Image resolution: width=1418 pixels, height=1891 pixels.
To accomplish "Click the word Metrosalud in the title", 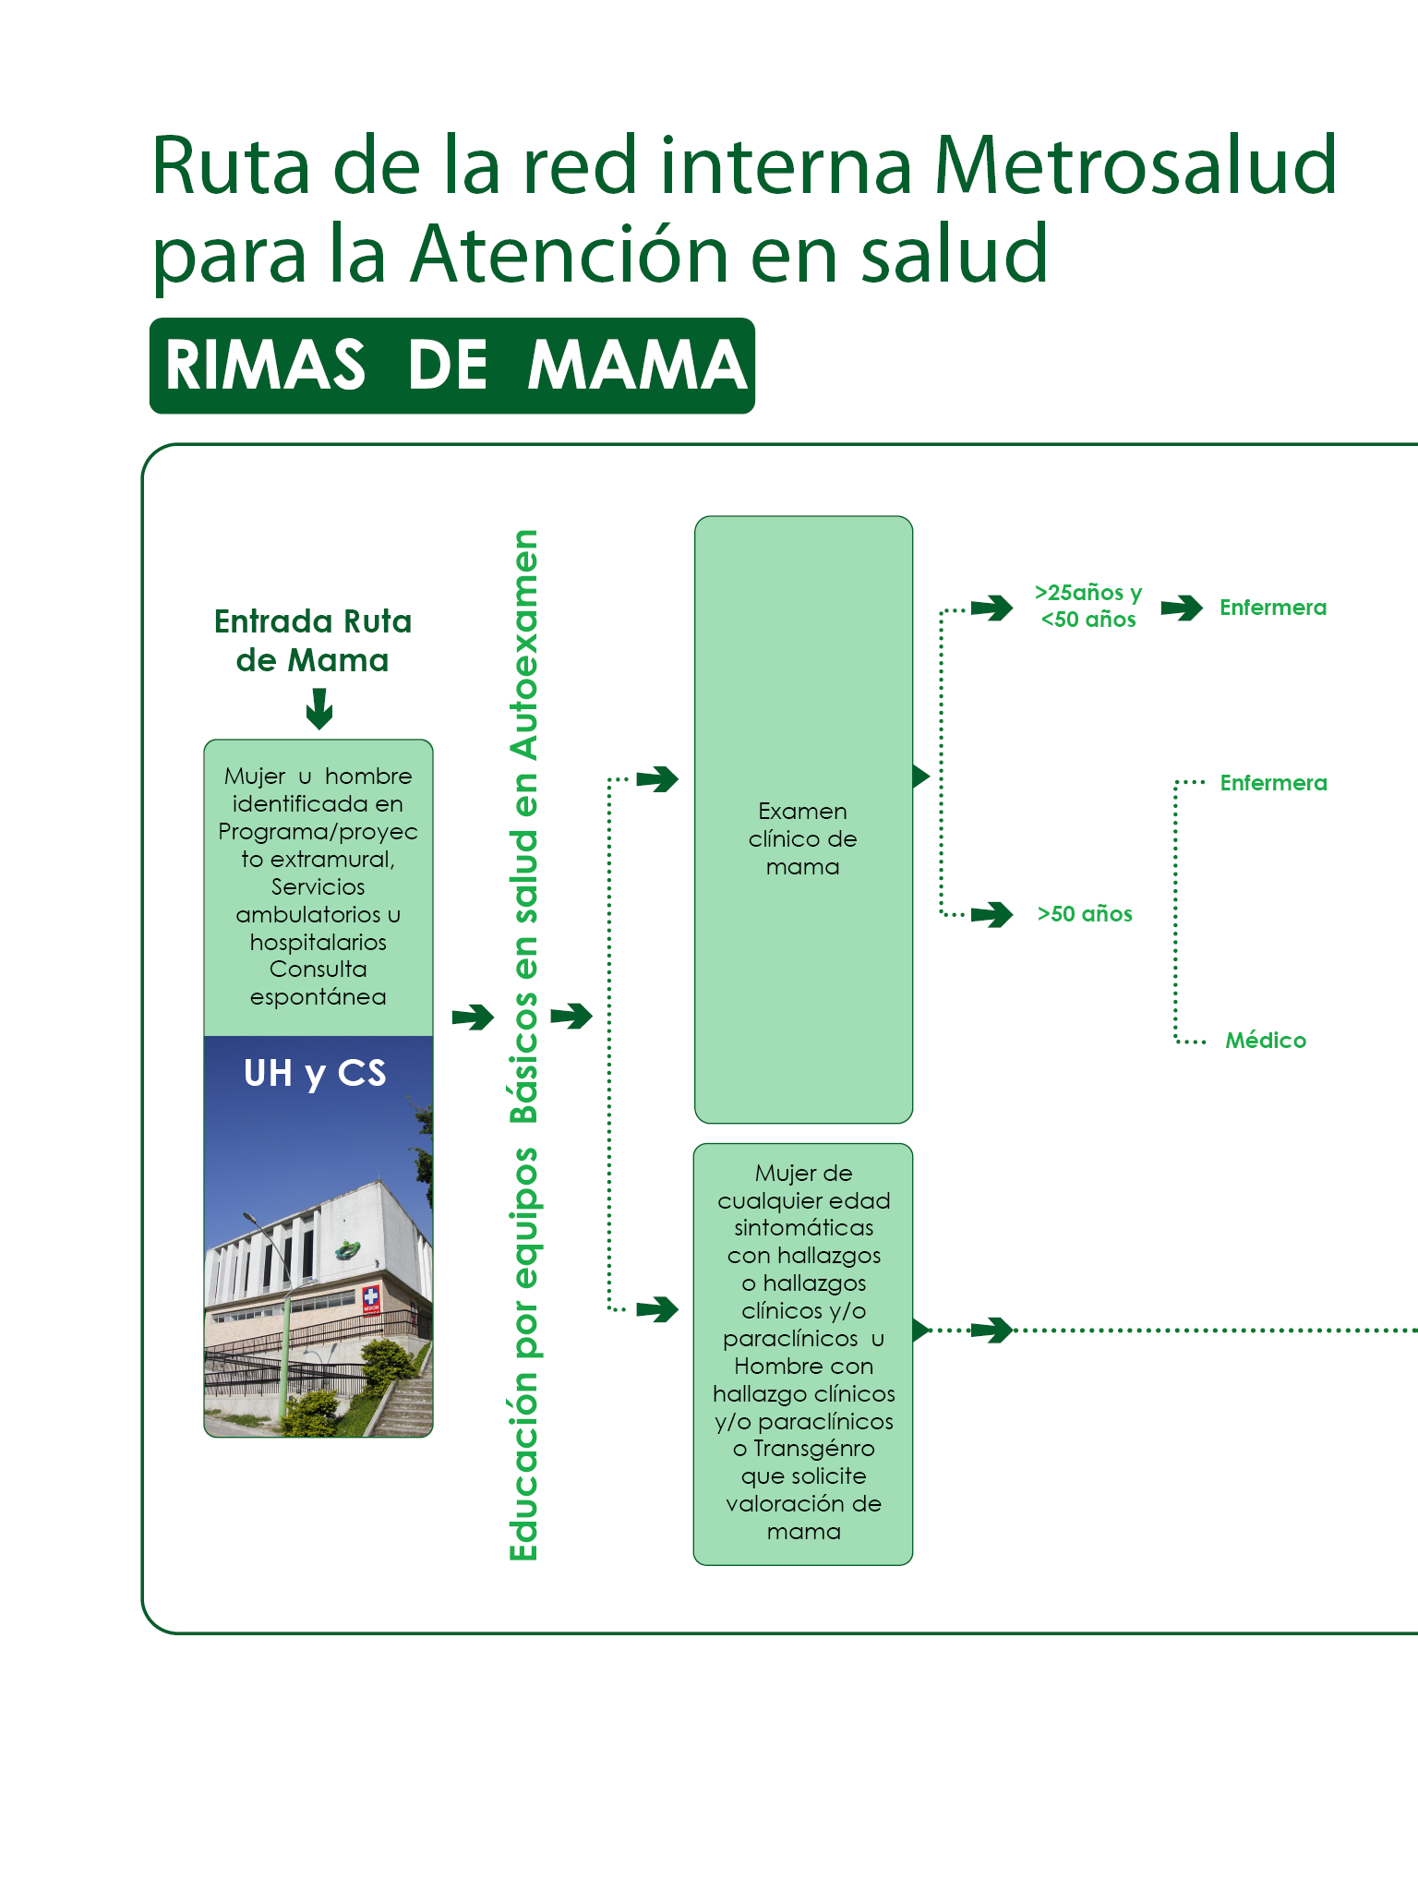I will click(1135, 166).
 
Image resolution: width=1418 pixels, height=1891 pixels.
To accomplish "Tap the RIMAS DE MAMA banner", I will click(452, 366).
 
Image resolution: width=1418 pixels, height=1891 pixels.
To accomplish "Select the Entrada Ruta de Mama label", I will click(313, 640).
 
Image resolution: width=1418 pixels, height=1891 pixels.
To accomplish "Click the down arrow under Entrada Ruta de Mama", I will click(319, 709).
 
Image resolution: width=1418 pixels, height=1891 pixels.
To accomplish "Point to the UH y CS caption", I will click(315, 1073).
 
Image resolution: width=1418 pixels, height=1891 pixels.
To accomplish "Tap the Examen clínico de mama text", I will click(802, 838).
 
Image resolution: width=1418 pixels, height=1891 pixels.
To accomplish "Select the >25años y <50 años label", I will click(1088, 606).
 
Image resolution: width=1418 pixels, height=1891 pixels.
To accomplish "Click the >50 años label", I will click(1085, 914).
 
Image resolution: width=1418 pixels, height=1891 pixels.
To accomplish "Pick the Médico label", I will click(1266, 1041).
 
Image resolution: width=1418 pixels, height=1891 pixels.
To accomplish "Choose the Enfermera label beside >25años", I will click(1273, 608).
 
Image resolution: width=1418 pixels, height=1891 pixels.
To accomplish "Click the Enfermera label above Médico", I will click(1273, 783).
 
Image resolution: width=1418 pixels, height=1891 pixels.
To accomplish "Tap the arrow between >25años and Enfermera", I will click(1182, 608).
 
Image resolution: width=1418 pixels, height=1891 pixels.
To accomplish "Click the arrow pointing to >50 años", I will click(992, 914).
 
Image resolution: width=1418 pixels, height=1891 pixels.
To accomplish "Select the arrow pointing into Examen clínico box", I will click(657, 779).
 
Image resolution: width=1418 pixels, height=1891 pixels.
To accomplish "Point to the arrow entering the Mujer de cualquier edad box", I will click(657, 1309).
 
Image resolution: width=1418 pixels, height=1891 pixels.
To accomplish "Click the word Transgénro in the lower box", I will click(813, 1449).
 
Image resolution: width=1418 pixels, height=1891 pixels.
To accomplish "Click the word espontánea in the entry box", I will click(318, 997).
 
